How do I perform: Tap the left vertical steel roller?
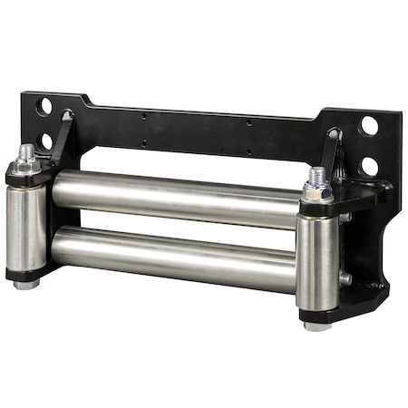tap(26, 226)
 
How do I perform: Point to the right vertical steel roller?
tap(317, 258)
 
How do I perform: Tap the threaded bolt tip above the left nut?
tap(26, 151)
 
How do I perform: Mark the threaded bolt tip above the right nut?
tap(316, 174)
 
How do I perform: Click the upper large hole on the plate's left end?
tap(44, 106)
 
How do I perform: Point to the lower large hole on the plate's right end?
tap(369, 167)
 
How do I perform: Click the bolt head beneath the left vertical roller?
tap(26, 284)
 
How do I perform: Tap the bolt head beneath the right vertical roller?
tap(317, 325)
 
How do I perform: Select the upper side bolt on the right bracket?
tap(345, 218)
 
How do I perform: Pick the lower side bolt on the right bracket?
tap(345, 279)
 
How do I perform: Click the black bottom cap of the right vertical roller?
tap(317, 314)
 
